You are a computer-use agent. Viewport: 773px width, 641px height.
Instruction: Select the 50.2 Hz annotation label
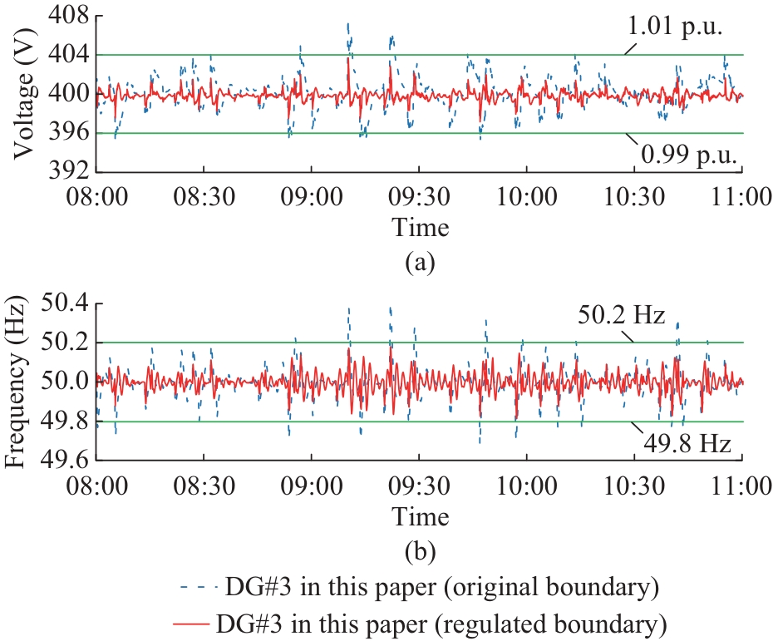622,316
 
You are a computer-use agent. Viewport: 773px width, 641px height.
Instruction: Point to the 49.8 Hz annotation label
687,444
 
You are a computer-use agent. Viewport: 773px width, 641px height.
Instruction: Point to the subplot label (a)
420,264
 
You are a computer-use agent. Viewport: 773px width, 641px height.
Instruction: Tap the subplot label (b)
420,550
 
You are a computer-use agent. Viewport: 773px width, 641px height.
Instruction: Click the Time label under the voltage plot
420,227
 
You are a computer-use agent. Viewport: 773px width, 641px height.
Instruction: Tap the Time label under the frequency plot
420,516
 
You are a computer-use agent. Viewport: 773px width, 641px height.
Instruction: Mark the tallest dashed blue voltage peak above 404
348,25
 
